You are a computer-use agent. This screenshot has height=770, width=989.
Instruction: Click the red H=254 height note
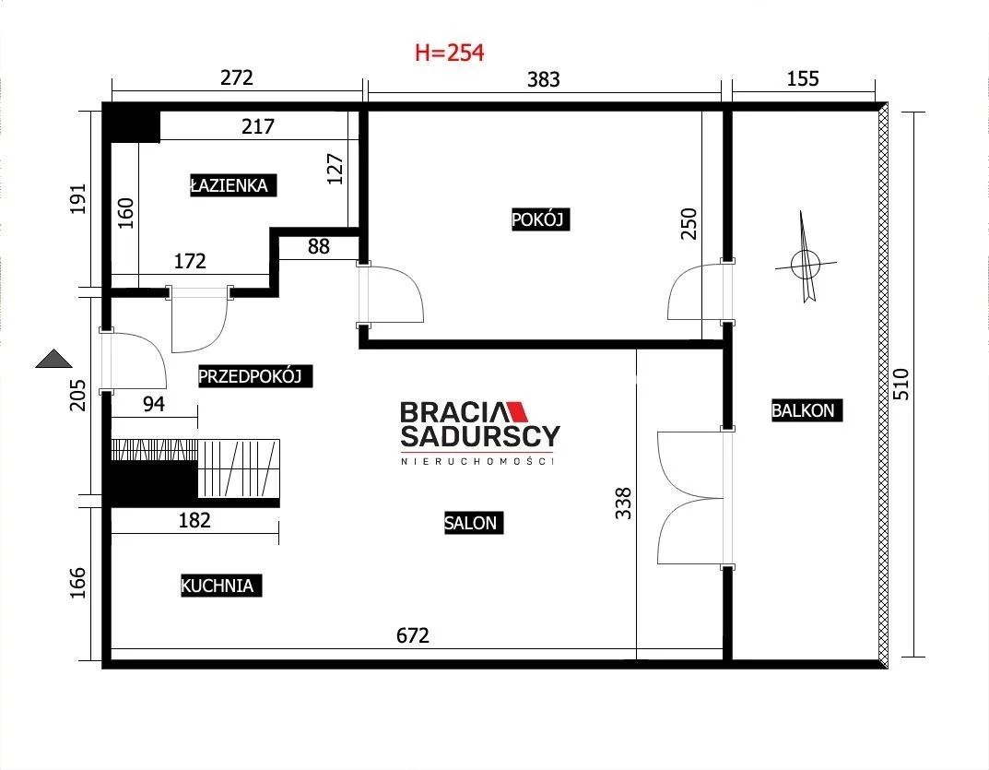pyautogui.click(x=449, y=53)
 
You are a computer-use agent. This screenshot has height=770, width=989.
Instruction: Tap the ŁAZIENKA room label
pyautogui.click(x=233, y=185)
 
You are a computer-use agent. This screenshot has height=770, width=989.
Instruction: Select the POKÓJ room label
pyautogui.click(x=540, y=219)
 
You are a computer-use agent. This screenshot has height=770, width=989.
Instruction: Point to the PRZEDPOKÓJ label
pyautogui.click(x=254, y=376)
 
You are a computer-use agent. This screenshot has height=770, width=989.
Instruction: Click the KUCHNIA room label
pyautogui.click(x=221, y=586)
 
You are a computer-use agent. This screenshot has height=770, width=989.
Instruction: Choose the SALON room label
pyautogui.click(x=473, y=523)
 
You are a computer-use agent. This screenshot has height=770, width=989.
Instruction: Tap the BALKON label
pyautogui.click(x=807, y=410)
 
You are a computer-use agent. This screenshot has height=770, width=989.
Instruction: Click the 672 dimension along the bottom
pyautogui.click(x=413, y=635)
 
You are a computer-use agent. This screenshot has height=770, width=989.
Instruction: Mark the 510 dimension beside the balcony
pyautogui.click(x=901, y=384)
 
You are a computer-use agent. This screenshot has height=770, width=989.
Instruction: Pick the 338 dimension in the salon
pyautogui.click(x=623, y=503)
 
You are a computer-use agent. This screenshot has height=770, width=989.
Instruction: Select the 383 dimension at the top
pyautogui.click(x=543, y=79)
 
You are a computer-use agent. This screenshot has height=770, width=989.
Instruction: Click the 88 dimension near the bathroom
pyautogui.click(x=319, y=246)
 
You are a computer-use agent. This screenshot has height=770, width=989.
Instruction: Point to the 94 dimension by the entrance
pyautogui.click(x=154, y=404)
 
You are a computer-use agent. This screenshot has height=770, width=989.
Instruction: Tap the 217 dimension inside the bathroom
pyautogui.click(x=258, y=127)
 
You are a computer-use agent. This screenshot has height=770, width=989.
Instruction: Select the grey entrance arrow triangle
pyautogui.click(x=53, y=359)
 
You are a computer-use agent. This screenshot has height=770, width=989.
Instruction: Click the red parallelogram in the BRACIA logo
pyautogui.click(x=518, y=411)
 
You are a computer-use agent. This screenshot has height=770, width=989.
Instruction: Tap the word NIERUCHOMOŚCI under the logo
pyautogui.click(x=477, y=461)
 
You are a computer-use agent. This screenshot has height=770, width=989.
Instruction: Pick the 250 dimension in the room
pyautogui.click(x=689, y=223)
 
